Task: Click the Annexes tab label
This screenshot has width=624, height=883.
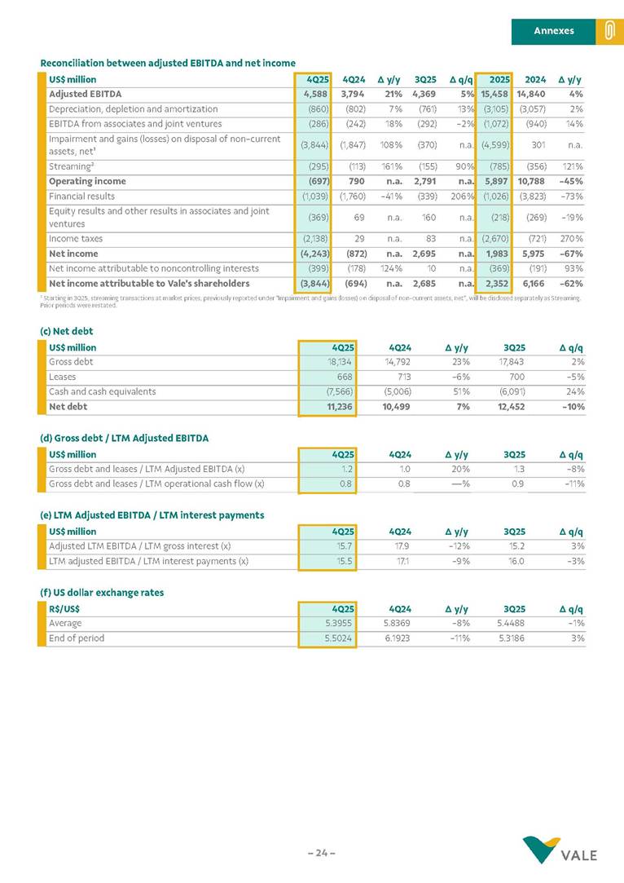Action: pyautogui.click(x=553, y=31)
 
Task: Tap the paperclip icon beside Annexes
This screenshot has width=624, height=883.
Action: pyautogui.click(x=608, y=31)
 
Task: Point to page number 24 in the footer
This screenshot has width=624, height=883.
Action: pyautogui.click(x=321, y=853)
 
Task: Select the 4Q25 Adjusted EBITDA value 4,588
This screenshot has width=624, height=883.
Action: pyautogui.click(x=313, y=94)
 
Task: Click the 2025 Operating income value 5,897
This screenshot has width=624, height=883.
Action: pyautogui.click(x=496, y=182)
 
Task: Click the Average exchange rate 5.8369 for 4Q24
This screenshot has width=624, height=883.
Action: pyautogui.click(x=395, y=624)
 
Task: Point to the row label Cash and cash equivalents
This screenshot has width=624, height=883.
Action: pyautogui.click(x=102, y=391)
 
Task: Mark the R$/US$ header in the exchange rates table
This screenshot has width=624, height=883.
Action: pyautogui.click(x=64, y=609)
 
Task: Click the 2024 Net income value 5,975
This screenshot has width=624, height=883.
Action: pyautogui.click(x=533, y=254)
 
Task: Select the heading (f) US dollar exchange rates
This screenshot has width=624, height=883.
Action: pyautogui.click(x=102, y=593)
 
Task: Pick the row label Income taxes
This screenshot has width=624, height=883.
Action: pyautogui.click(x=73, y=239)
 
